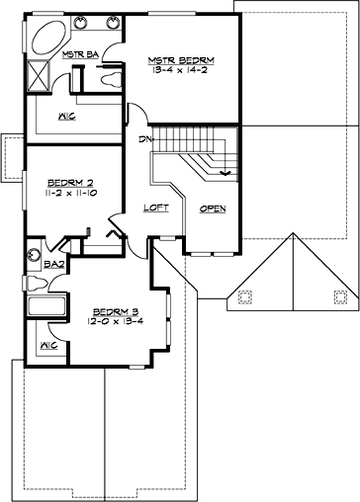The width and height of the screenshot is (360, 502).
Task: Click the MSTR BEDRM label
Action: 181,59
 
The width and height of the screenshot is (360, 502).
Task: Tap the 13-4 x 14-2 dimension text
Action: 181,70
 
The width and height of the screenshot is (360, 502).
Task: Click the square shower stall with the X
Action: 41,74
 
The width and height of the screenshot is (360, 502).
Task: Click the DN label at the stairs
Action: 146,139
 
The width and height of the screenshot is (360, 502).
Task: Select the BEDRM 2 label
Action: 69,182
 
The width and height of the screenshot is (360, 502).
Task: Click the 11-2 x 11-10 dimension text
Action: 69,194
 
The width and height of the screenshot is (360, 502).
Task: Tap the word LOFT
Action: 156,209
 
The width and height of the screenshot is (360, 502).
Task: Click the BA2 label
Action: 28,265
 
